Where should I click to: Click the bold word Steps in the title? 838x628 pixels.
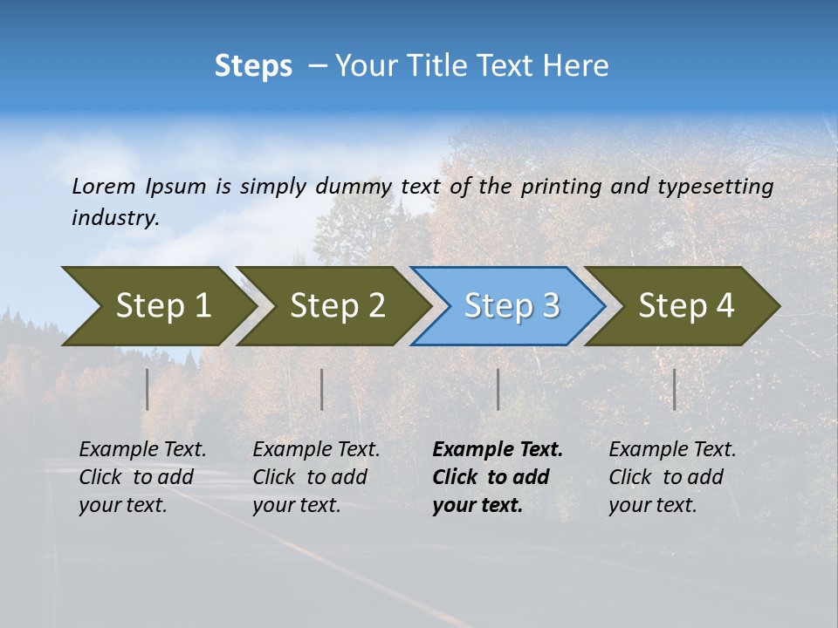[x=253, y=66]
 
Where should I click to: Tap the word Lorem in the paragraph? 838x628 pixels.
[x=104, y=186]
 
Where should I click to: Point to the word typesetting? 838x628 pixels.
[x=715, y=186]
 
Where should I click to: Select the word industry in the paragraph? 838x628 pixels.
[x=114, y=217]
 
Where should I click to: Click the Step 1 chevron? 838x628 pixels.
[x=157, y=306]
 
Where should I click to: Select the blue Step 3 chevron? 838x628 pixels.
[x=509, y=306]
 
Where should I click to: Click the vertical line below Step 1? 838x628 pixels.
[x=148, y=389]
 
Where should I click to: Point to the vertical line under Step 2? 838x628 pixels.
[x=322, y=389]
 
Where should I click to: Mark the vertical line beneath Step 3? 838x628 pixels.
[x=498, y=389]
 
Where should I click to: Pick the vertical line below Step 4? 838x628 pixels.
[x=675, y=389]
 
